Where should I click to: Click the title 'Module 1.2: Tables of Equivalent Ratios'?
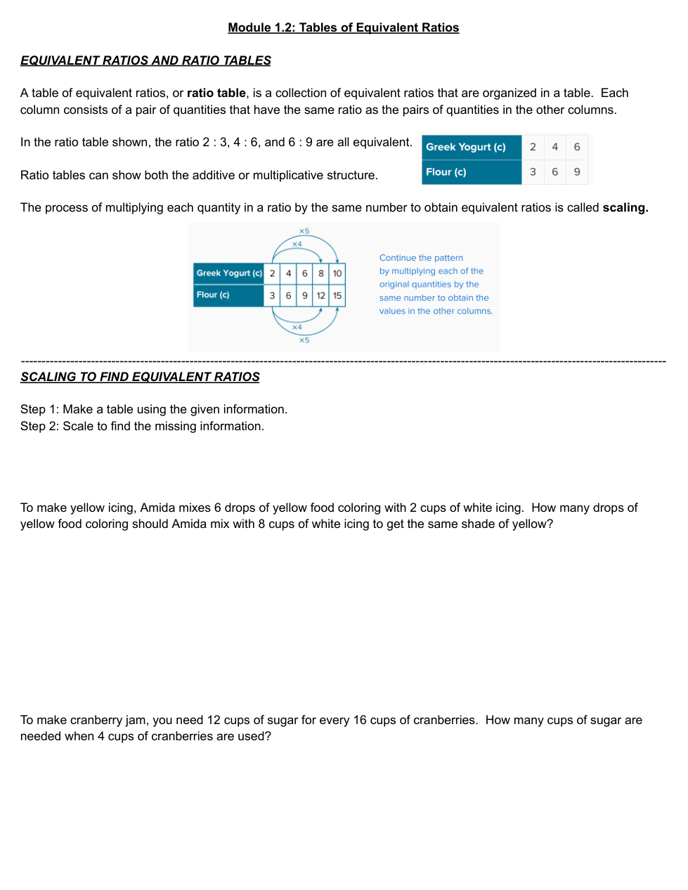click(x=343, y=28)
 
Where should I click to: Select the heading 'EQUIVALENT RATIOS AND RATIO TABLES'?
click(x=145, y=61)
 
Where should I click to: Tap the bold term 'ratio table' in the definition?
click(x=216, y=93)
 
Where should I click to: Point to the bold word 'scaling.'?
click(x=625, y=208)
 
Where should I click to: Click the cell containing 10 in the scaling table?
click(x=337, y=273)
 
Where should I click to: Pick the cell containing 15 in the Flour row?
click(x=337, y=296)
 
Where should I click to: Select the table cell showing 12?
click(x=320, y=296)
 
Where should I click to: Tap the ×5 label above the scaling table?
click(x=304, y=231)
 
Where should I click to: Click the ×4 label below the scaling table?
click(x=297, y=328)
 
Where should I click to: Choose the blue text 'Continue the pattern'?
click(x=421, y=258)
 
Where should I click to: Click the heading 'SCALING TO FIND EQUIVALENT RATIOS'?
click(x=140, y=378)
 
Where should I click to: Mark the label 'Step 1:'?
click(x=39, y=410)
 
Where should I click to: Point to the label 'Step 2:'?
click(x=39, y=427)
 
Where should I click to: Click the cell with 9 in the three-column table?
click(x=577, y=172)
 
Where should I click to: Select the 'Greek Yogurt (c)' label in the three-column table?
click(x=465, y=148)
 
